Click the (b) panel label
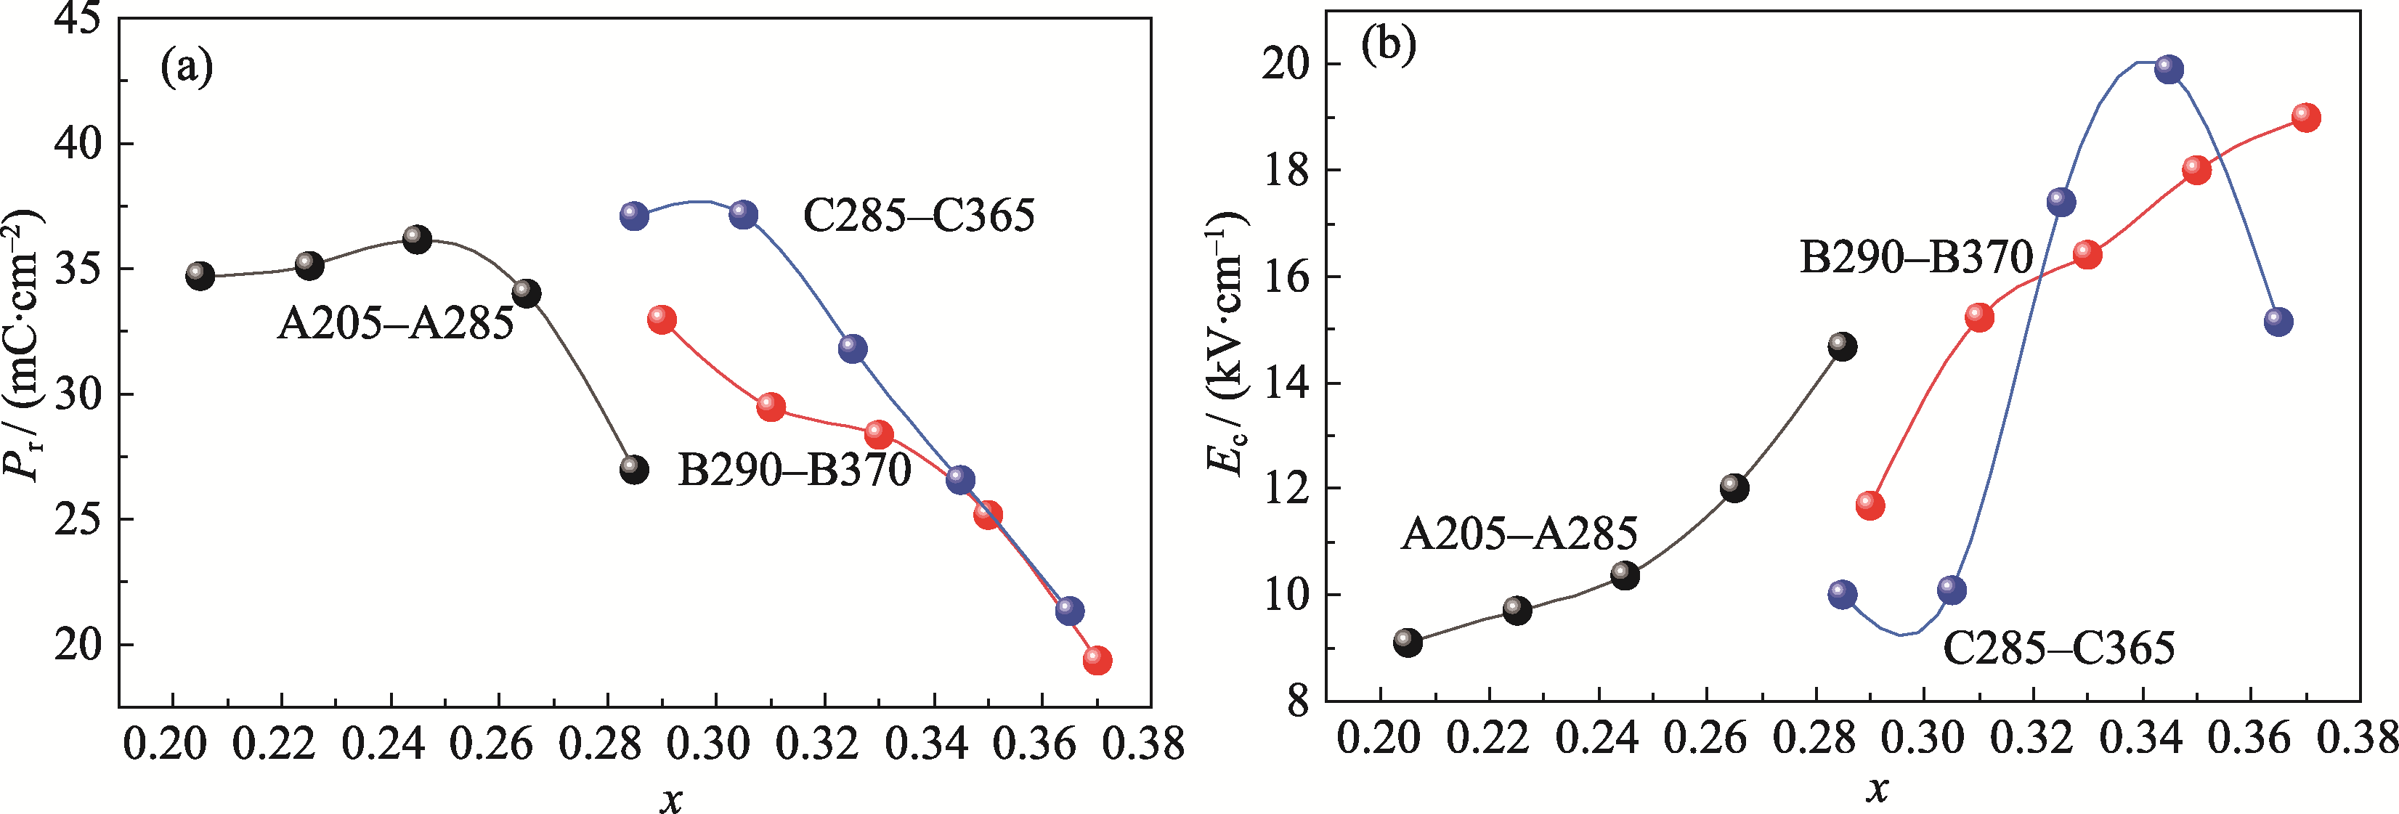point(1388,44)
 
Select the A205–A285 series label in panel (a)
point(395,323)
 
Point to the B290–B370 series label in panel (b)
point(1916,256)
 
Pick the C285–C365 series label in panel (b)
point(2058,647)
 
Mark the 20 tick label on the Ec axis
point(1286,64)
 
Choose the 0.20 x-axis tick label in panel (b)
point(1379,738)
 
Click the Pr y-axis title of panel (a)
point(23,345)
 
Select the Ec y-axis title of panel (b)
point(1225,345)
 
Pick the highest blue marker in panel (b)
point(2169,70)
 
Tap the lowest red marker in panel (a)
point(1097,660)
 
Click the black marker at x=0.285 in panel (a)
point(634,469)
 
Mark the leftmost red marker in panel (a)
point(661,320)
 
